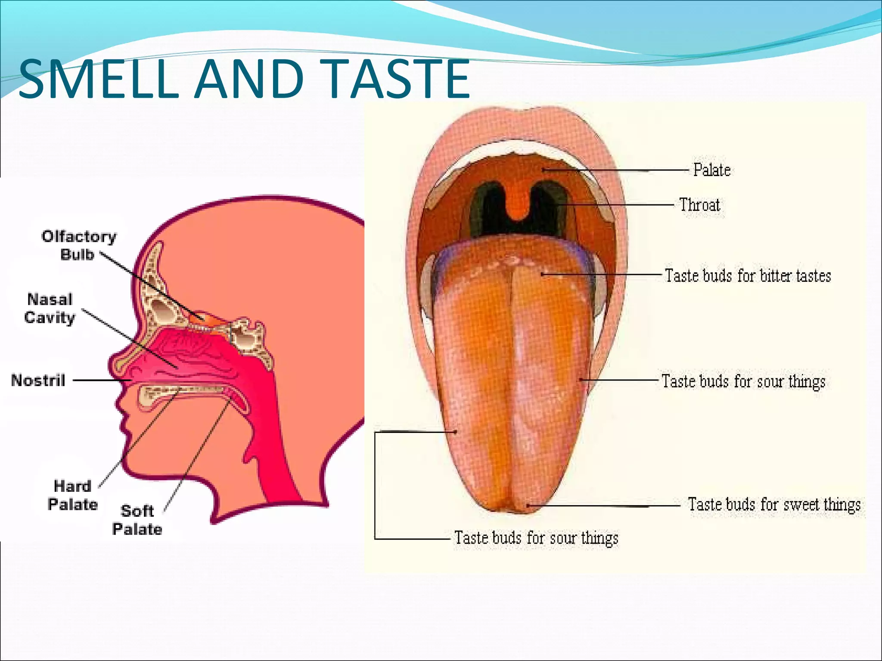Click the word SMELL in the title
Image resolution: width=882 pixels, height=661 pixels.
pyautogui.click(x=98, y=79)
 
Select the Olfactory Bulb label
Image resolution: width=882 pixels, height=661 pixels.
pyautogui.click(x=78, y=245)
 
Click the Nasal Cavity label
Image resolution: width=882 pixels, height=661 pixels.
pyautogui.click(x=50, y=308)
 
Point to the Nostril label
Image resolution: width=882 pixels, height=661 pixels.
pyautogui.click(x=38, y=380)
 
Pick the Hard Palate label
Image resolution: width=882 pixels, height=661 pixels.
pyautogui.click(x=72, y=495)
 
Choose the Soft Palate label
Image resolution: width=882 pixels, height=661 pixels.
pyautogui.click(x=137, y=520)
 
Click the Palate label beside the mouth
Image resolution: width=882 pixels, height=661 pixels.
pyautogui.click(x=711, y=170)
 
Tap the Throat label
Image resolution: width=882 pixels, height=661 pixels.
pyautogui.click(x=699, y=205)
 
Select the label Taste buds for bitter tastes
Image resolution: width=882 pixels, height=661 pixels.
pyautogui.click(x=748, y=275)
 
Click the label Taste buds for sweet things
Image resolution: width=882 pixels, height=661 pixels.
pyautogui.click(x=774, y=504)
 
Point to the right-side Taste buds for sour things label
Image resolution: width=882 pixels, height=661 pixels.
pyautogui.click(x=743, y=381)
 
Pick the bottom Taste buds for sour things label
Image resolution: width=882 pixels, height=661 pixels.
pyautogui.click(x=536, y=538)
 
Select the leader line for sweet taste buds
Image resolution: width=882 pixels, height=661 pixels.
pyautogui.click(x=603, y=505)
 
